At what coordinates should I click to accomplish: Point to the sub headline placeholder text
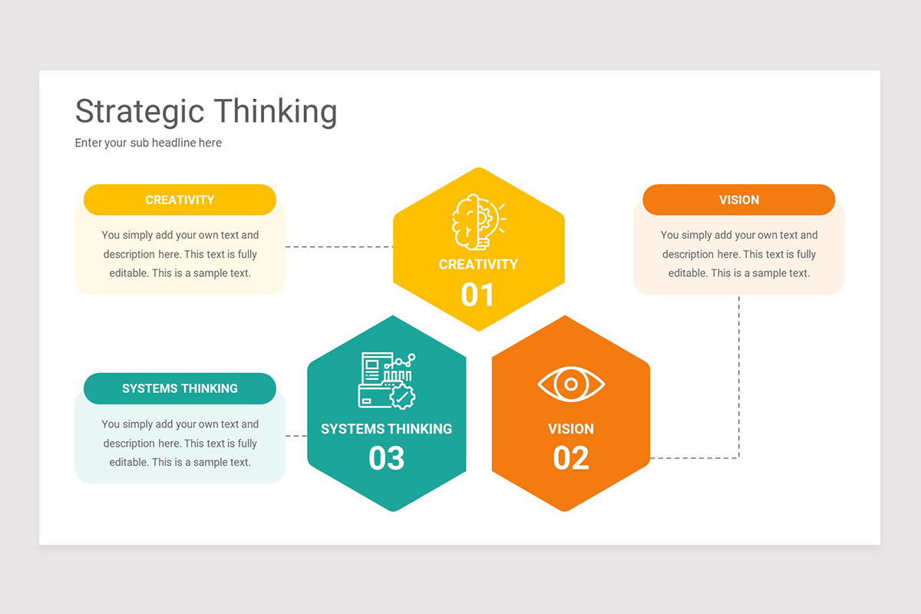tap(148, 143)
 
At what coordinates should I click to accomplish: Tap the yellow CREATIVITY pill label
tap(180, 200)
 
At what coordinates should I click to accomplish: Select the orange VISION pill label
tap(738, 200)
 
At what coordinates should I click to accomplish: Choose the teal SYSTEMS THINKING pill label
tap(180, 388)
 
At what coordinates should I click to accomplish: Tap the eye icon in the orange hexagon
tap(571, 384)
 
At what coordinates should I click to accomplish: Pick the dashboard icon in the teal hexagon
tap(387, 380)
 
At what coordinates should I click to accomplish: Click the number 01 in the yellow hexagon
tap(477, 295)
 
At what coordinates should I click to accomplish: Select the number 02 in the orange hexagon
tap(571, 458)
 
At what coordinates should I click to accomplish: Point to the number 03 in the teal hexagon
tap(387, 458)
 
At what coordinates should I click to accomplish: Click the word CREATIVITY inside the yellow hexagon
tap(478, 264)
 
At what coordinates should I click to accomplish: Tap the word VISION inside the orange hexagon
tap(571, 428)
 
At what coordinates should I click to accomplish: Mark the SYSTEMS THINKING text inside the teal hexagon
tap(387, 428)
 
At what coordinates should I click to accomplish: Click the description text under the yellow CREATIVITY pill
tap(180, 254)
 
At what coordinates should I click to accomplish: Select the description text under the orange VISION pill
tap(738, 254)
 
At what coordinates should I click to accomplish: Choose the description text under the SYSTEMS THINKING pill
tap(180, 443)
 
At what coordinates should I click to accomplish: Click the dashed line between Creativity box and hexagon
tap(338, 247)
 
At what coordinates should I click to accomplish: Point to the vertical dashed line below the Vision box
tap(738, 376)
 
